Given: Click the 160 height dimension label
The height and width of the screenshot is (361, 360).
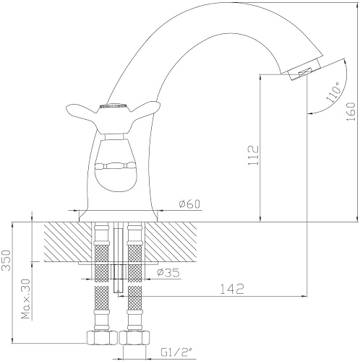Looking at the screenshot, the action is point(351,112).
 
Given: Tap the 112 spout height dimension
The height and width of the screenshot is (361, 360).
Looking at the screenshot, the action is point(254,155).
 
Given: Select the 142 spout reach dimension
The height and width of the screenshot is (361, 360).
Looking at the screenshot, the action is point(232,289).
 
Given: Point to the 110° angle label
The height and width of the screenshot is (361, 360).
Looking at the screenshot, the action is point(333,92).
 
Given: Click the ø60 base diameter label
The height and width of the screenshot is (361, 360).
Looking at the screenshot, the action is point(189,204).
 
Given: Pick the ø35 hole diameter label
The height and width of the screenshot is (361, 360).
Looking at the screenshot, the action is point(168,273).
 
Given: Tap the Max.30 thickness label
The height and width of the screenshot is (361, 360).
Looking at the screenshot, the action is point(26,299).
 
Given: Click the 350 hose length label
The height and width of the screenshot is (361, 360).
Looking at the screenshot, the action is point(7,261).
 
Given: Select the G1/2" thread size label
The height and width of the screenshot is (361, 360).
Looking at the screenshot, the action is point(175,353).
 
